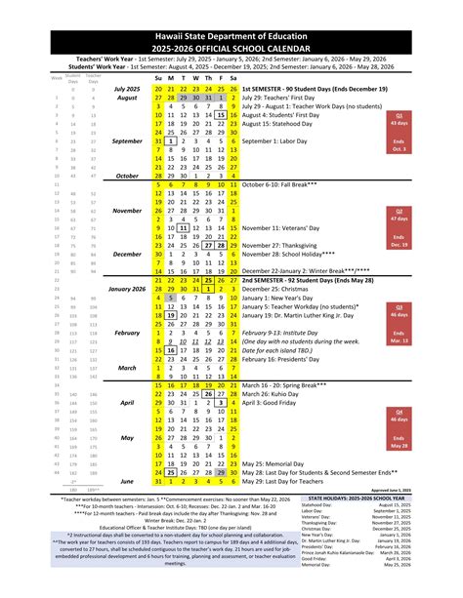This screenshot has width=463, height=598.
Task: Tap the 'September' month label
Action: coord(128,140)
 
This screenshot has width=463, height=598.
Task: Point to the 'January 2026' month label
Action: coord(126,290)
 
